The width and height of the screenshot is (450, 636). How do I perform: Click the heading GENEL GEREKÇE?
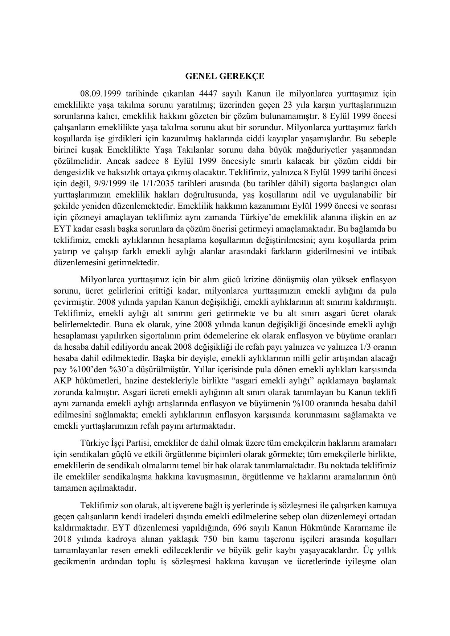pos(225,76)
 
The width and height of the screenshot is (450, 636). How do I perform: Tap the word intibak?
pos(384,251)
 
